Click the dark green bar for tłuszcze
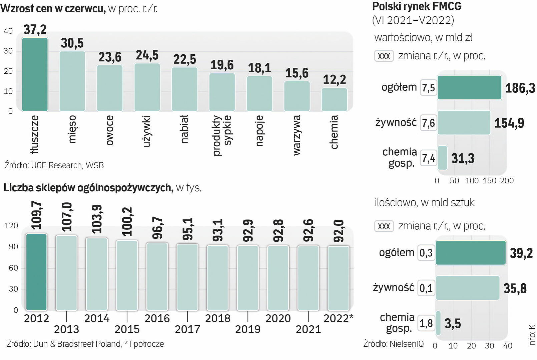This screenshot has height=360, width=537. (x=35, y=74)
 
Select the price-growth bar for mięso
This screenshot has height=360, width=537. (x=72, y=81)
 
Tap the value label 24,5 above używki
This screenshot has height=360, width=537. (x=147, y=55)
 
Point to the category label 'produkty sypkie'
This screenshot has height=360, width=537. (x=221, y=135)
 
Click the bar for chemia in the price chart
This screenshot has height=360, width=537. (x=334, y=99)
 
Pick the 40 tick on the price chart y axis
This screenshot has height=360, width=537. (x=8, y=31)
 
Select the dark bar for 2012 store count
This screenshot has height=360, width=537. (x=36, y=272)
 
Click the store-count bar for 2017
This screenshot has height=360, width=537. (x=187, y=277)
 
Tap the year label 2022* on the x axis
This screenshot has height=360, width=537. (x=338, y=318)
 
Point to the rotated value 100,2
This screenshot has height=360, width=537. (x=127, y=222)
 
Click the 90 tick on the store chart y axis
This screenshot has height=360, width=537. (x=13, y=247)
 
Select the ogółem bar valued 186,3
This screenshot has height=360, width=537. (x=469, y=88)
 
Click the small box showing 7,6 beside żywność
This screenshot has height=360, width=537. (x=428, y=123)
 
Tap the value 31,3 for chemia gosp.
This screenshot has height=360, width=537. (x=463, y=158)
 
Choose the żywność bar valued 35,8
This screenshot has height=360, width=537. (x=467, y=288)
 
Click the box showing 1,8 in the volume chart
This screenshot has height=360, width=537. (x=426, y=323)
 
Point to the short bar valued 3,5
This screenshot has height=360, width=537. (x=438, y=323)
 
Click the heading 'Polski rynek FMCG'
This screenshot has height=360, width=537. (x=417, y=6)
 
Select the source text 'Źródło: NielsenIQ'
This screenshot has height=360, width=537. (x=393, y=344)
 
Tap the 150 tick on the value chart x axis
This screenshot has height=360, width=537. (x=489, y=181)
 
